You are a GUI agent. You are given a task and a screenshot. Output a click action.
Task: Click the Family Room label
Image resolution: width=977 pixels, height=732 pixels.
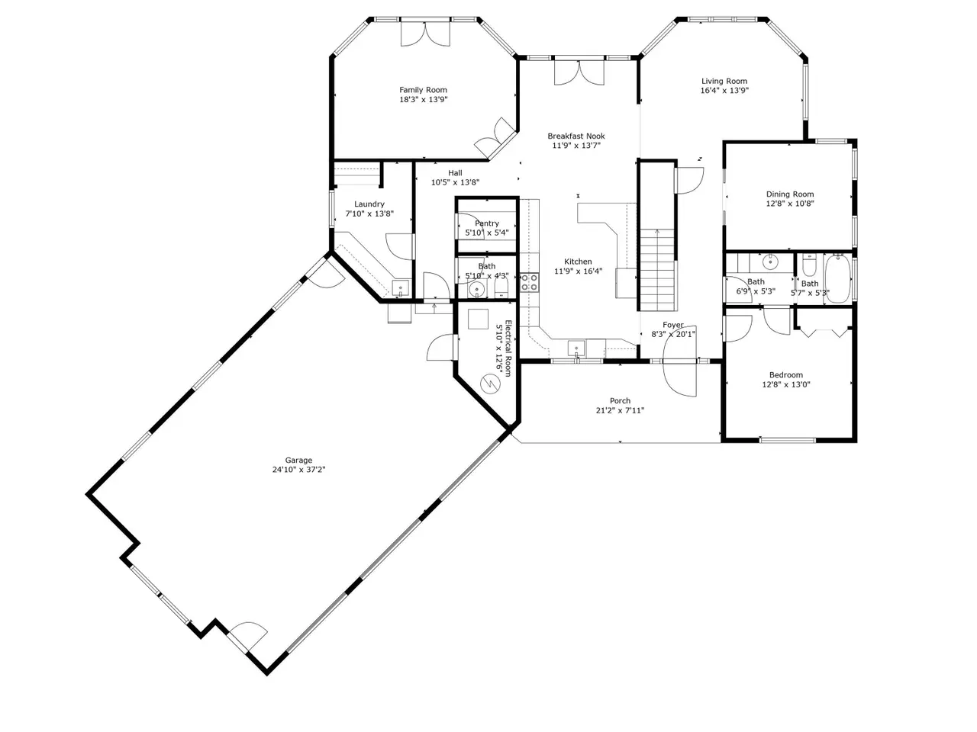pyautogui.click(x=423, y=90)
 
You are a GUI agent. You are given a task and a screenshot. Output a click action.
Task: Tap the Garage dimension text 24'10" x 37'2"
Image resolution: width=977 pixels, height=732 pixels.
pyautogui.click(x=298, y=470)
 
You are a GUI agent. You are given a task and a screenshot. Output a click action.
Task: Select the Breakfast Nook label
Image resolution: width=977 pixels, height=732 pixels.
pyautogui.click(x=576, y=136)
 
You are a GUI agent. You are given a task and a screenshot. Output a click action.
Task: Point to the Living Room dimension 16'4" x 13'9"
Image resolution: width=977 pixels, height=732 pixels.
pyautogui.click(x=724, y=91)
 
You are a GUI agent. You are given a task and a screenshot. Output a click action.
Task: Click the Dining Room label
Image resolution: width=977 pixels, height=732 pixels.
pyautogui.click(x=789, y=194)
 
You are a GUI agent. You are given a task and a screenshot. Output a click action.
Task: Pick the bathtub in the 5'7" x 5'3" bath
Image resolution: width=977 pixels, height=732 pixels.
pyautogui.click(x=837, y=278)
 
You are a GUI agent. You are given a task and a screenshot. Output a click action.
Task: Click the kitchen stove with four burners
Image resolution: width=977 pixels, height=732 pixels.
pyautogui.click(x=529, y=283)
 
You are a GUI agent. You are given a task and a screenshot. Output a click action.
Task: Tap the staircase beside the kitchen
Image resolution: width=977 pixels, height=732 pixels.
pyautogui.click(x=657, y=269)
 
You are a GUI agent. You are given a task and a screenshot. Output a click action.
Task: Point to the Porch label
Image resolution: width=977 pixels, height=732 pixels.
pyautogui.click(x=620, y=401)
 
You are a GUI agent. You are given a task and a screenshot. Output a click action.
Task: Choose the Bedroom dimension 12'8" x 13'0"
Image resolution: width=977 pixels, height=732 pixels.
pyautogui.click(x=786, y=384)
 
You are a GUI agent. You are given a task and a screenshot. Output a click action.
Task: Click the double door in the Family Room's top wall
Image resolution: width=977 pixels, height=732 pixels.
pyautogui.click(x=425, y=34)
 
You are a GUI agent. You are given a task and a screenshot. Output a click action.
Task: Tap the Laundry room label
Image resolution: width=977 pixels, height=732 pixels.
pyautogui.click(x=369, y=204)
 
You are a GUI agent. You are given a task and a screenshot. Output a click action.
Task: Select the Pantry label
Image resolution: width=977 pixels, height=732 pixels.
pyautogui.click(x=487, y=223)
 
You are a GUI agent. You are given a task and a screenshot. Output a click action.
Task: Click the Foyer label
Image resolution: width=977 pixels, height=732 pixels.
pyautogui.click(x=673, y=325)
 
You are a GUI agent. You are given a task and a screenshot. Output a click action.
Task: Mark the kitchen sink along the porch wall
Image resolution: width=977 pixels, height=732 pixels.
pyautogui.click(x=576, y=348)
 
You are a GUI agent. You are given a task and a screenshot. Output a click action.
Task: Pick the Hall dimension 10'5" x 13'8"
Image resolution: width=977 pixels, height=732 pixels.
pyautogui.click(x=455, y=183)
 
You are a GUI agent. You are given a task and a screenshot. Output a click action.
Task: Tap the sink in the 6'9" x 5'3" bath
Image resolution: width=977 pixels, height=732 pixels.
pyautogui.click(x=769, y=262)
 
